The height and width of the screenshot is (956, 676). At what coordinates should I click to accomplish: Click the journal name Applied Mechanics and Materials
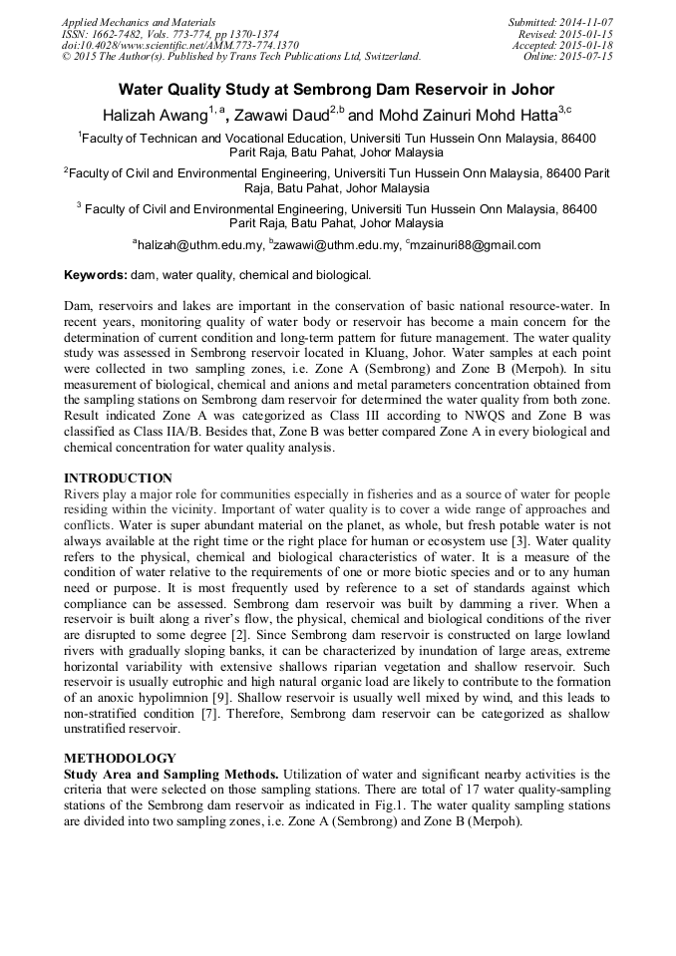(139, 21)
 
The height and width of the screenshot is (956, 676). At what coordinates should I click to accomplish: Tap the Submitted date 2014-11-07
(585, 21)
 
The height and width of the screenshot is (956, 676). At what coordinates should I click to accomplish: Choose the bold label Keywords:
(96, 274)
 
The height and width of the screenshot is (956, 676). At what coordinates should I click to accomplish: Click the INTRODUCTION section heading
(118, 478)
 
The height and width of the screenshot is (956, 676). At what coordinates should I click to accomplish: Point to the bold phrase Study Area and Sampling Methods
(171, 774)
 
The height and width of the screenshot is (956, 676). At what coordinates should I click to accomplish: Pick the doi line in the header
(180, 45)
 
